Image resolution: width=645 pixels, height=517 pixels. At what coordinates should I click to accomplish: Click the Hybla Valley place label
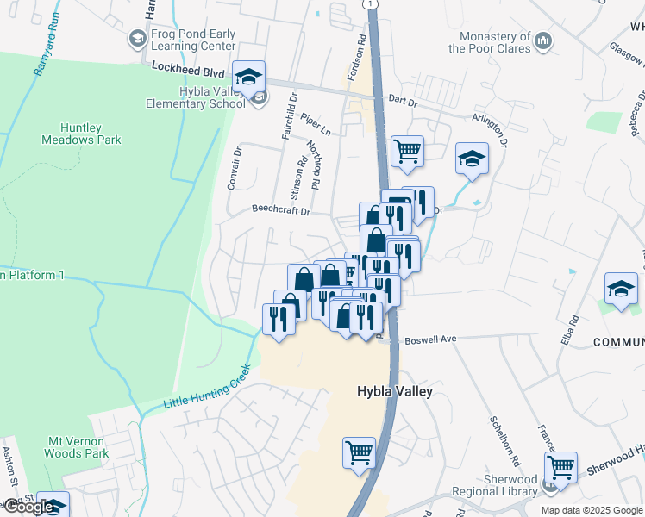tap(395, 391)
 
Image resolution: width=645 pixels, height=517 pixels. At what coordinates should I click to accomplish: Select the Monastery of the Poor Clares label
tap(489, 42)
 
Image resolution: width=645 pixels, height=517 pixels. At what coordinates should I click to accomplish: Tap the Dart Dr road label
tap(402, 102)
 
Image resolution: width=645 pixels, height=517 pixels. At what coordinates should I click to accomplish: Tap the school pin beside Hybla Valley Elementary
tap(248, 78)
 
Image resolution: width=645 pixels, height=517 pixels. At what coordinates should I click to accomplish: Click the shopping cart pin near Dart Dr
tap(407, 152)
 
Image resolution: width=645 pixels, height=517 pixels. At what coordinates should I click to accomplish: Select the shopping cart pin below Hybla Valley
tap(359, 452)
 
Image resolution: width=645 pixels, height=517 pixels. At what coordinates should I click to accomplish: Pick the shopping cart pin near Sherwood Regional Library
tap(560, 469)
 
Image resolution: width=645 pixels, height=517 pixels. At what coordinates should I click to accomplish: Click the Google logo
tap(28, 507)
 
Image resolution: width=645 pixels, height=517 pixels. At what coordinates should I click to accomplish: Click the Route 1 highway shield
tap(370, 4)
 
